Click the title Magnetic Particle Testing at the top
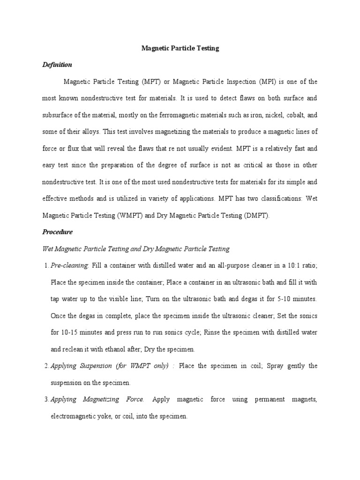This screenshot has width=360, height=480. [x=180, y=48]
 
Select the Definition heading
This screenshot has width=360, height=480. [x=57, y=65]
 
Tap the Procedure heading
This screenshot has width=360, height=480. [x=58, y=232]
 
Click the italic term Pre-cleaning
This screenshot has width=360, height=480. [x=69, y=265]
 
